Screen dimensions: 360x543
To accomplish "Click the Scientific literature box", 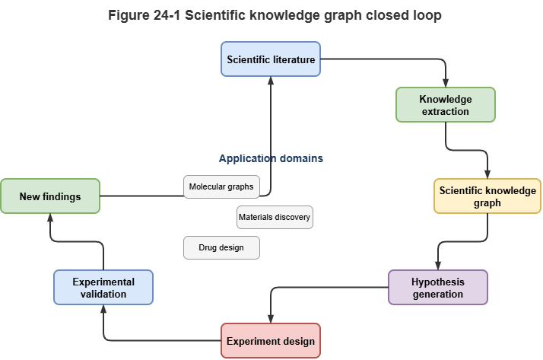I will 271,59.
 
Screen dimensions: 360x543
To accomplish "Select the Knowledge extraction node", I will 446,104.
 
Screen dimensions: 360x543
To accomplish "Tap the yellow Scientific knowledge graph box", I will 487,196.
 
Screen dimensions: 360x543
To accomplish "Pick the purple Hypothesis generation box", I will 438,288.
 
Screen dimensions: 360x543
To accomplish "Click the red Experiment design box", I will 271,341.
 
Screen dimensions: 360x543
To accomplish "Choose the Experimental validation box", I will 103,288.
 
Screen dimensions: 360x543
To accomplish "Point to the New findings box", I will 50,196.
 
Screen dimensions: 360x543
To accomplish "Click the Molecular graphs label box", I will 221,186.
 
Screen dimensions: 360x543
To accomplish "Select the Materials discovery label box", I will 275,217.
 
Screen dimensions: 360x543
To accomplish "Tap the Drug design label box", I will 221,247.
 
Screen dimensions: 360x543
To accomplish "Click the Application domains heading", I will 271,159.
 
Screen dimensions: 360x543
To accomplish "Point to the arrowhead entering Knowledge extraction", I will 446,83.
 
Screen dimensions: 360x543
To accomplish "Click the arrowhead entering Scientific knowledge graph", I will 487,174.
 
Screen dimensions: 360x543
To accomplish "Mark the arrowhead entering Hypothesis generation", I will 438,266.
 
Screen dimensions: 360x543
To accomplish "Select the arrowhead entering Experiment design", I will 271,319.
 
